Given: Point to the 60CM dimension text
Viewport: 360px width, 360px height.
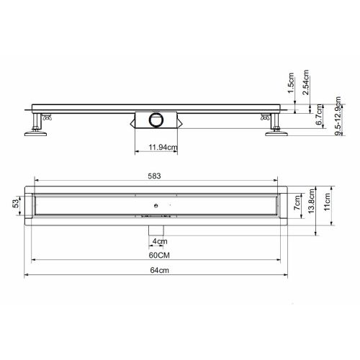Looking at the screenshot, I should point(160,254).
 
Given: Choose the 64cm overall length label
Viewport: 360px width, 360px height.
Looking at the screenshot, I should point(160,270).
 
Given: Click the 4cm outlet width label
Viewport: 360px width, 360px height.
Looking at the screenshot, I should point(159,240).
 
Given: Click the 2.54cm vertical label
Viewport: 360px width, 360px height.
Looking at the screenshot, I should point(307,83).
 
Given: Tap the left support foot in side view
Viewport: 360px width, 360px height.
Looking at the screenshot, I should point(35,130).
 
